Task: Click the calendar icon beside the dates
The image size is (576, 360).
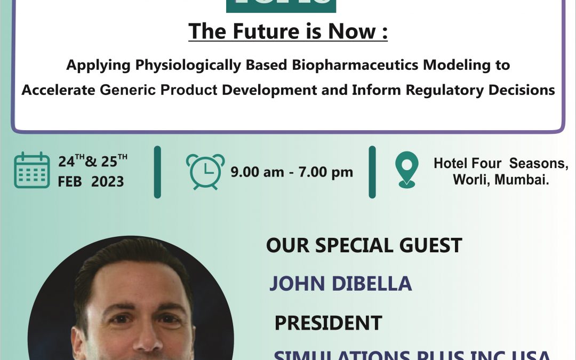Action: tap(32, 170)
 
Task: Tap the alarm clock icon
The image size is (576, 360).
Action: tap(205, 172)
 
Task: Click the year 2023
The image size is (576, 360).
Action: tap(107, 181)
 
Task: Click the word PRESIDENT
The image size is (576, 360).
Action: tap(328, 323)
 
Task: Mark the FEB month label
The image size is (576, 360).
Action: tap(70, 181)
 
